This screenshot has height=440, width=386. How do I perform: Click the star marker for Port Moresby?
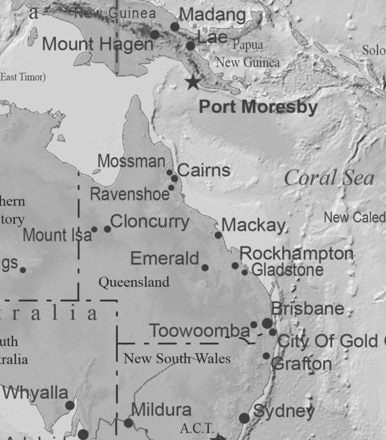click(x=193, y=82)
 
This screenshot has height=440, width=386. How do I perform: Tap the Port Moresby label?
click(x=258, y=107)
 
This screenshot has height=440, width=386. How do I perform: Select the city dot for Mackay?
click(x=218, y=235)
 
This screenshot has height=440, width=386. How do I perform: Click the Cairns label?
click(x=204, y=170)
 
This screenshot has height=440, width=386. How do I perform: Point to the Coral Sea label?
click(x=329, y=178)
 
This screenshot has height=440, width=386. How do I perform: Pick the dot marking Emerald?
click(x=205, y=268)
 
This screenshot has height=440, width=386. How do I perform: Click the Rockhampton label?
click(x=297, y=254)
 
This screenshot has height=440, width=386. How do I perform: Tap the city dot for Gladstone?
click(x=245, y=272)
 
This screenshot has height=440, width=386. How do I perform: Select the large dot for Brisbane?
click(x=267, y=323)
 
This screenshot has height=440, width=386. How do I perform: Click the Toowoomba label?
click(x=199, y=331)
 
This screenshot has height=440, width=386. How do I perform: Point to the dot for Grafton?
click(x=267, y=356)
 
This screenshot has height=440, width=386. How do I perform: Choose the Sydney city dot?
click(x=244, y=418)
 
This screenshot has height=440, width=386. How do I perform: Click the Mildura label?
click(x=161, y=409)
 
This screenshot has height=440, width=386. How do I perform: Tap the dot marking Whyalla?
click(x=70, y=405)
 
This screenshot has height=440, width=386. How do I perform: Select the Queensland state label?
click(x=134, y=282)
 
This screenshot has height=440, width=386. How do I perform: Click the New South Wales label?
click(x=177, y=358)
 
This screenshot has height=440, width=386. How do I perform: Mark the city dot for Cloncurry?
click(x=107, y=229)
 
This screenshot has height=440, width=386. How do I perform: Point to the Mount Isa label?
click(x=57, y=235)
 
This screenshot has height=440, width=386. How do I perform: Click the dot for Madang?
click(x=175, y=27)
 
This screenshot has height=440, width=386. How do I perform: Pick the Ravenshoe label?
click(x=130, y=194)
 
